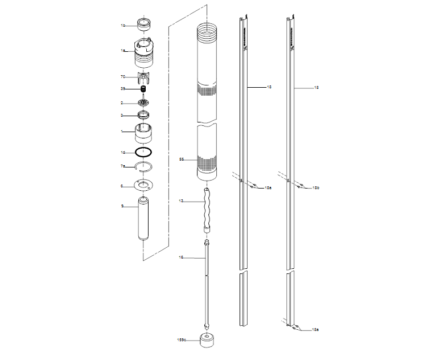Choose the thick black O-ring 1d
pyautogui.click(x=143, y=153)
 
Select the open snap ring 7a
pyautogui.click(x=143, y=167)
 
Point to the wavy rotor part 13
pyautogui.click(x=207, y=210)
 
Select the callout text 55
pyautogui.click(x=182, y=159)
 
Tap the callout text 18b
pyautogui.click(x=316, y=187)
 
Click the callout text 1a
pyautogui.click(x=122, y=51)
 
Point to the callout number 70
pyautogui.click(x=122, y=76)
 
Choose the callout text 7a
pyautogui.click(x=122, y=166)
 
